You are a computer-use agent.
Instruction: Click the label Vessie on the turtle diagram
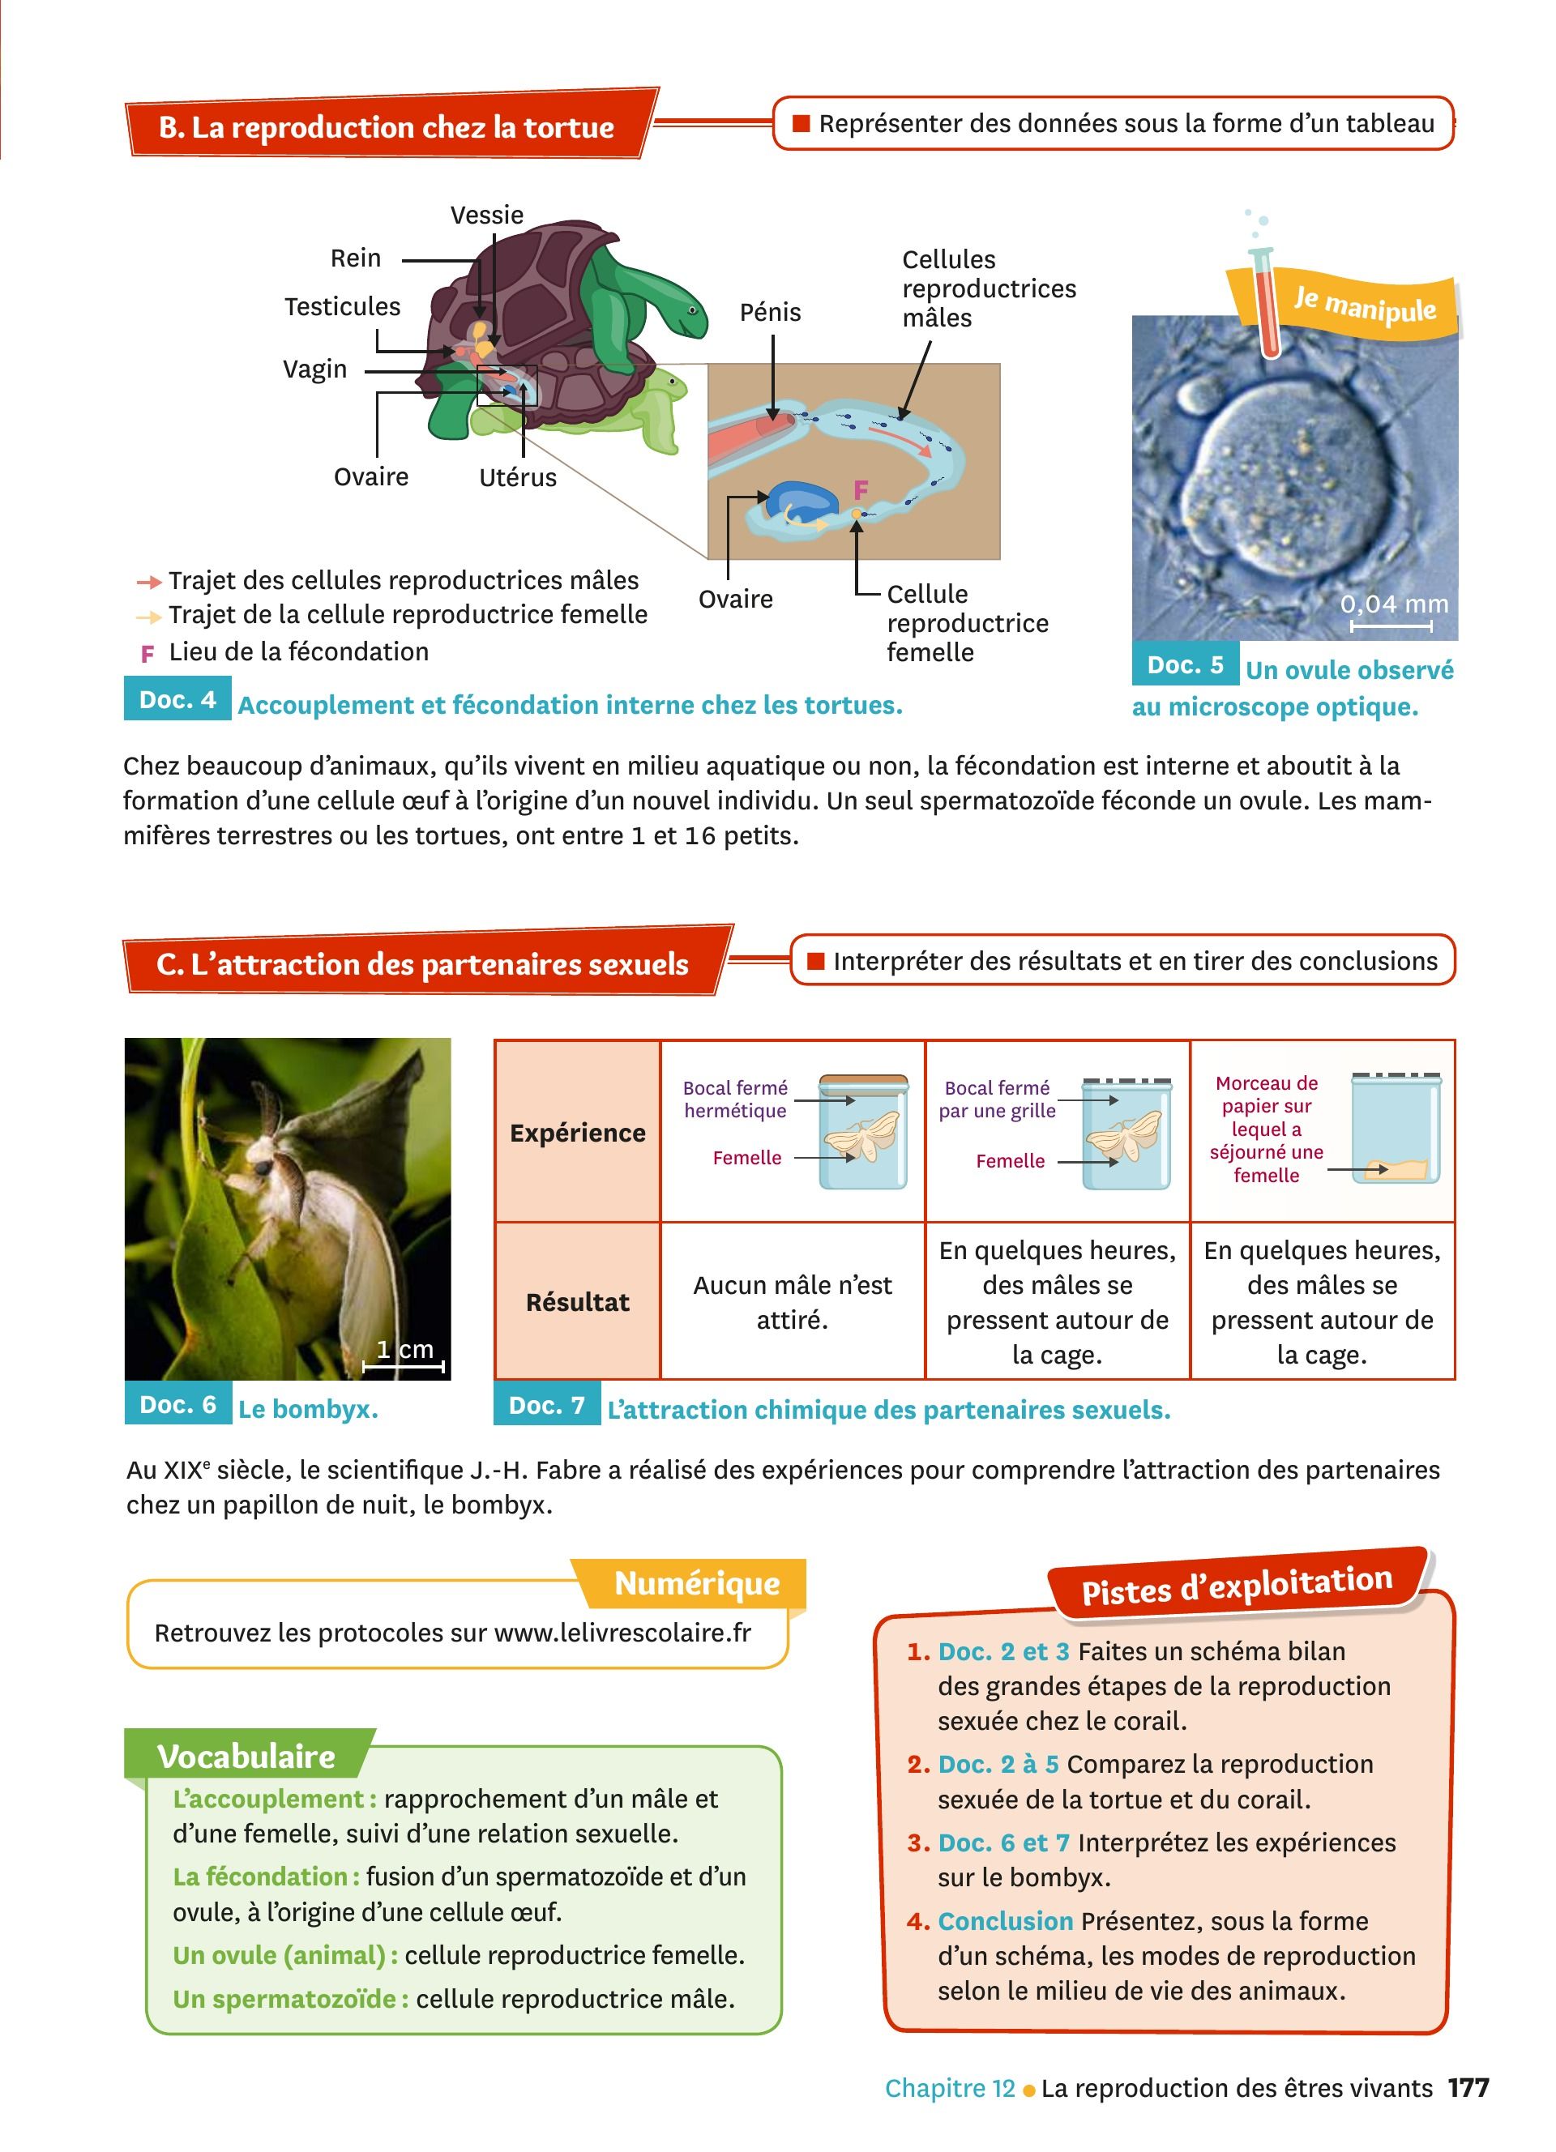[487, 215]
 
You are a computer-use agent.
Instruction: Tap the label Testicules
[343, 306]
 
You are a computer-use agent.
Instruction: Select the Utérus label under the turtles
[518, 477]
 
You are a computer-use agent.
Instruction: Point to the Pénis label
[771, 312]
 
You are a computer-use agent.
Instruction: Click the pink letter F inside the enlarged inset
[861, 490]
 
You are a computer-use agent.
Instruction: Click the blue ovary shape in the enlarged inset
[802, 503]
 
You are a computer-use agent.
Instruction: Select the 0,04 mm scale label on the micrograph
[1394, 604]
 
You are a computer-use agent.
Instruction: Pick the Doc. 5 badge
[1185, 665]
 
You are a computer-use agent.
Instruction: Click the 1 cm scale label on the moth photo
[405, 1349]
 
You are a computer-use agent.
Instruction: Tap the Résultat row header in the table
[578, 1302]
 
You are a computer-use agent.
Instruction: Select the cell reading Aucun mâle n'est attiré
[793, 1302]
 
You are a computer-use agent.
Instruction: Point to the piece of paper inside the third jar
[1396, 1169]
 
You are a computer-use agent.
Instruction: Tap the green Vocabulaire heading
[246, 1757]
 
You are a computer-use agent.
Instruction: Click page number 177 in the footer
[1468, 2087]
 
